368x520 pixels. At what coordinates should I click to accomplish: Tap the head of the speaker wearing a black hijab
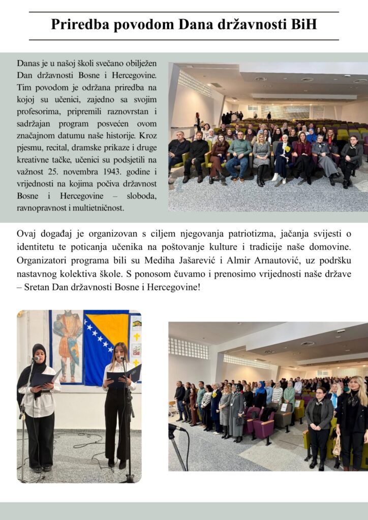[39, 353]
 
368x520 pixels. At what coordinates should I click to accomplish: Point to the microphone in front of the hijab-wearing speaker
[36, 359]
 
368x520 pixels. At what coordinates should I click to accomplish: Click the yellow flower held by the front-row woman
[287, 149]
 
